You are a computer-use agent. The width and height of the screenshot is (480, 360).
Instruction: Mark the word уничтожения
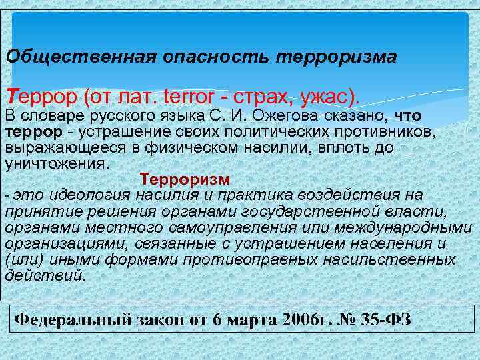pyautogui.click(x=55, y=163)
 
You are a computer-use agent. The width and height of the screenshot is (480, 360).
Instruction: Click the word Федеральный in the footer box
pyautogui.click(x=68, y=319)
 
